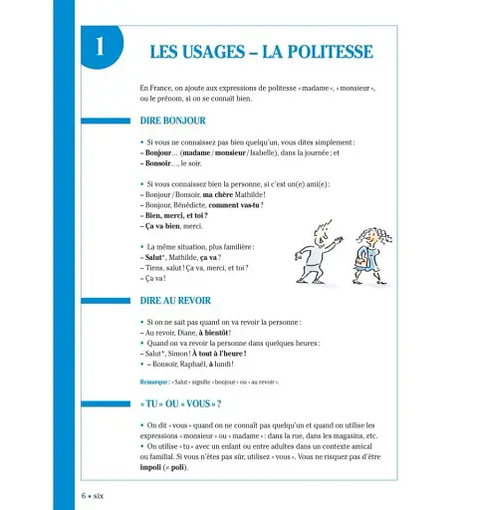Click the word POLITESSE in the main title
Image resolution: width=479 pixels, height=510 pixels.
pos(322,52)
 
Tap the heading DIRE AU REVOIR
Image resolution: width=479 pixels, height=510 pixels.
pos(175,300)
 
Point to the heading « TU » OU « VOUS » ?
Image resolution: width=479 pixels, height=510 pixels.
pos(181,403)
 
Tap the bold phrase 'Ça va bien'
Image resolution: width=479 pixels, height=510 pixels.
pos(164,226)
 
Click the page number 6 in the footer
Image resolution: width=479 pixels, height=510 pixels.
pos(84,495)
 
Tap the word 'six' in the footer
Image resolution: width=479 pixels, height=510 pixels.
pos(99,495)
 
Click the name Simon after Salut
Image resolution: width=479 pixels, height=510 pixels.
pos(180,354)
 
